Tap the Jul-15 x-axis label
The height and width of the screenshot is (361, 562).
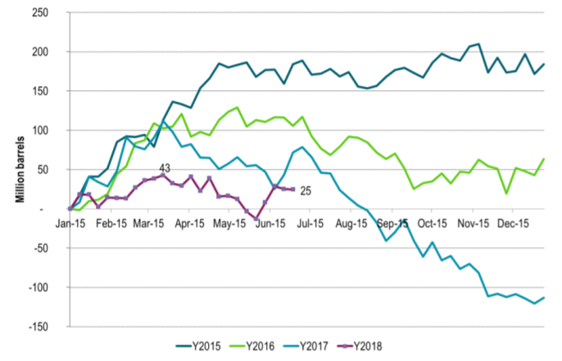[303, 222]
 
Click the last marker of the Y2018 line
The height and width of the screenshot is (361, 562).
[293, 190]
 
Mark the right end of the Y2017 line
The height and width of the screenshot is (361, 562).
[545, 298]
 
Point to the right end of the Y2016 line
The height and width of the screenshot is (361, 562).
[545, 159]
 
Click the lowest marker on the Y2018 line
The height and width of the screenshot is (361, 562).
[256, 219]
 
